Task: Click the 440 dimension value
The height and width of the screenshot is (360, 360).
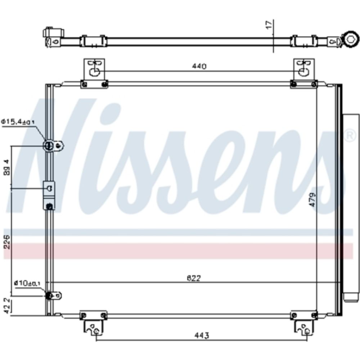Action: click(199, 66)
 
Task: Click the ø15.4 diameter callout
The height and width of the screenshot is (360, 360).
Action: click(18, 122)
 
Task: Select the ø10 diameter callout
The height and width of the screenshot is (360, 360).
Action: click(27, 283)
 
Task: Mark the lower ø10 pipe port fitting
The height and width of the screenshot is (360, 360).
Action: click(50, 296)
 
